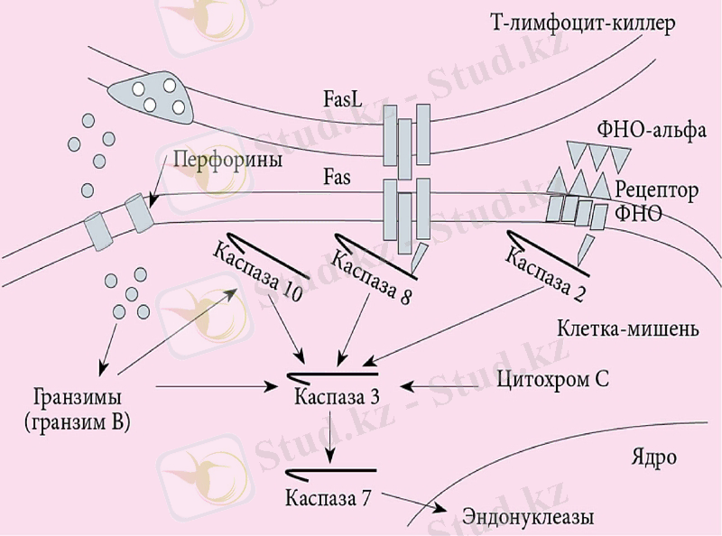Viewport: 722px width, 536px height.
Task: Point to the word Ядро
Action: click(653, 457)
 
